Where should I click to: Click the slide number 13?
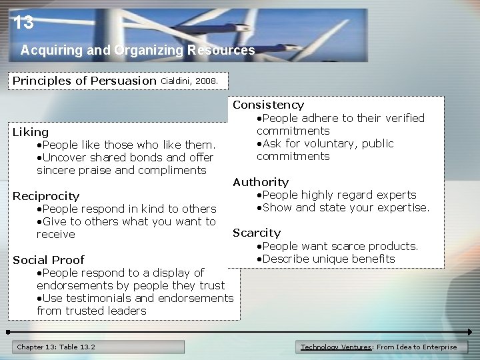point(23,23)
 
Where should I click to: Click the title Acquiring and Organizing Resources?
point(137,50)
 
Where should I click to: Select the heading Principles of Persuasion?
point(84,81)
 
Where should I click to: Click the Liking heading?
point(31,132)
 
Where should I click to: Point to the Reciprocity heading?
point(46,196)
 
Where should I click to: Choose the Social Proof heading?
point(49,260)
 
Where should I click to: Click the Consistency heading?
point(268,105)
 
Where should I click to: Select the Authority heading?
point(261,182)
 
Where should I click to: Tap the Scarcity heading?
point(257,233)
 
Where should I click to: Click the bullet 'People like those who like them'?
point(127,145)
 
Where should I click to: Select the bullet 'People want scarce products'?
point(338,246)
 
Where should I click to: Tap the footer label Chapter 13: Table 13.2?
point(56,347)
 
